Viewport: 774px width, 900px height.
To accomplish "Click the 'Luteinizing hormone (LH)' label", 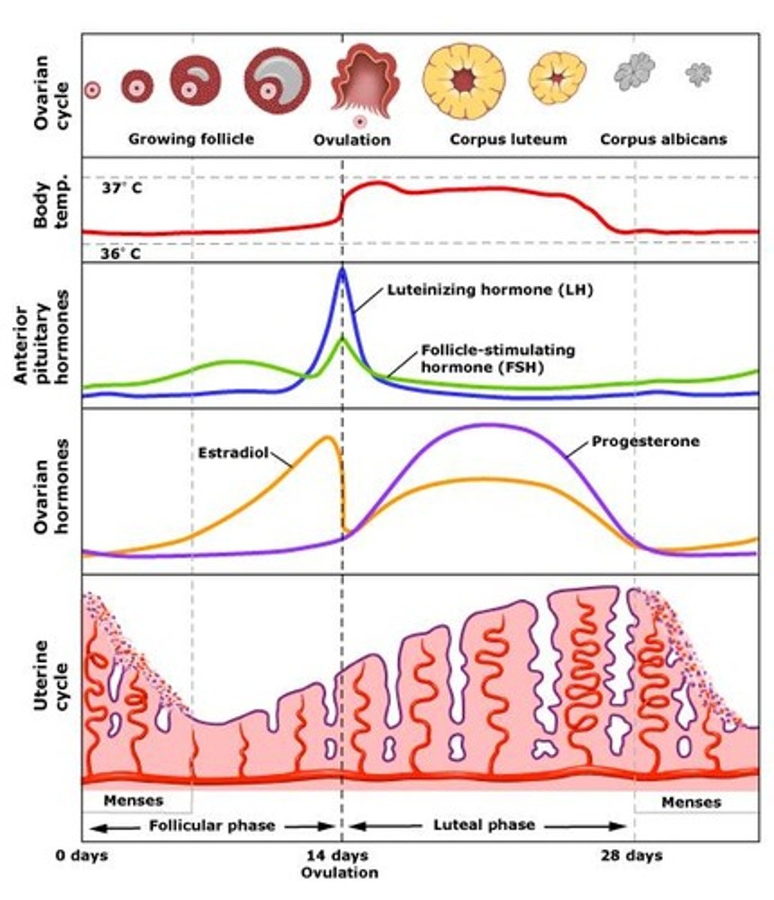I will [x=490, y=290].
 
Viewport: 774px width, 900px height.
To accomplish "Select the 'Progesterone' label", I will [x=645, y=441].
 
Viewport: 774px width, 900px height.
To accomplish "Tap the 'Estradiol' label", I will [x=233, y=453].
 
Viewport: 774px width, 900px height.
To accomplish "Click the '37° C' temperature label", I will [x=121, y=188].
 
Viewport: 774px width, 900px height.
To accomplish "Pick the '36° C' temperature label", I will [x=121, y=253].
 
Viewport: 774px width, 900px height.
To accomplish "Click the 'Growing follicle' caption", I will [x=190, y=139].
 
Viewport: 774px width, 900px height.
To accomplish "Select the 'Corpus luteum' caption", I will [x=508, y=139].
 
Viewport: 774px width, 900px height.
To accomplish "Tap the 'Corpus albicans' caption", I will [x=663, y=139].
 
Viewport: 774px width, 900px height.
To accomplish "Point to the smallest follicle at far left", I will [x=91, y=90].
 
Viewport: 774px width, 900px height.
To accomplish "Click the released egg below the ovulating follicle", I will [x=360, y=121].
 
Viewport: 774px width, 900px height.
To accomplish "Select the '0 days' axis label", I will [x=82, y=856].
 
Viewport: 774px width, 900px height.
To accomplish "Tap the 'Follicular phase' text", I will [x=211, y=826].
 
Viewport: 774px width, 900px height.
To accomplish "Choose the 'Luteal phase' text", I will [x=484, y=825].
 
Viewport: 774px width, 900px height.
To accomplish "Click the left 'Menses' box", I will [x=133, y=800].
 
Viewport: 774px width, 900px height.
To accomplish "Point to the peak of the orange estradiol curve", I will [x=327, y=436].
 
